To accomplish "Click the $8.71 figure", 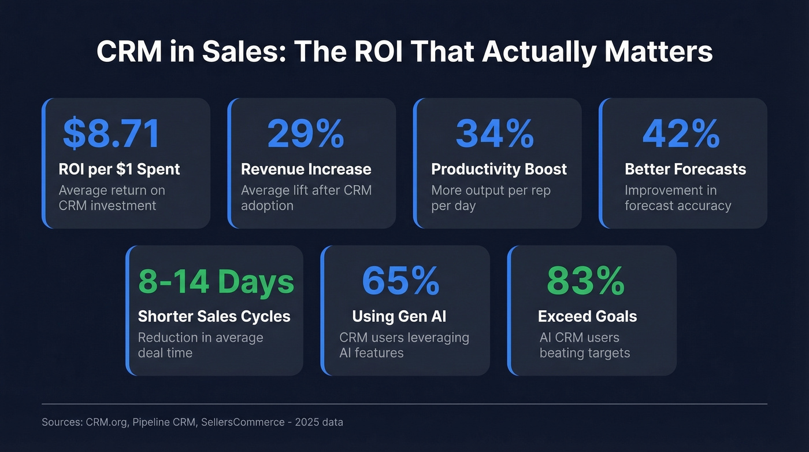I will [x=111, y=133].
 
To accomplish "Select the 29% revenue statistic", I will [x=306, y=133].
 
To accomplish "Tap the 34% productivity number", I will [x=495, y=133].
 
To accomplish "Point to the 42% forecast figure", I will [x=681, y=133].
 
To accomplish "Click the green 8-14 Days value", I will [x=216, y=281].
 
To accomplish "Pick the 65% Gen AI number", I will [x=400, y=281].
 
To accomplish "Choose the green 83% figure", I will [x=585, y=281].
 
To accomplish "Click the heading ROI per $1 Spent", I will [x=119, y=169].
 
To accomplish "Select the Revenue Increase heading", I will [x=306, y=169].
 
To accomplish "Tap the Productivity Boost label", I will [x=499, y=169].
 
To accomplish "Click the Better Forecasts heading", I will [x=685, y=169].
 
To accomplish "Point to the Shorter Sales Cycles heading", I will [x=214, y=317].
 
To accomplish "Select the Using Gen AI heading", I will [x=399, y=317].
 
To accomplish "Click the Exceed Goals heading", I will [x=587, y=317].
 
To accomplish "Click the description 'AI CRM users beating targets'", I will [x=584, y=345].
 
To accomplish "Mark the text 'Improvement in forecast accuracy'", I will [x=677, y=198].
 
